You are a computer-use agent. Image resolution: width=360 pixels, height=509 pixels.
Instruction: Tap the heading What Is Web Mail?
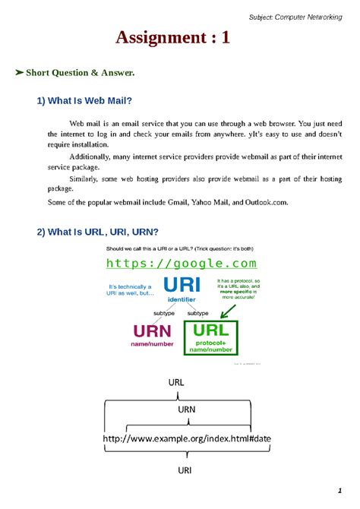click(85, 101)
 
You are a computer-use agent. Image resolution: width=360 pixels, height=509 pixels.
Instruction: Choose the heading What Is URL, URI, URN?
click(97, 232)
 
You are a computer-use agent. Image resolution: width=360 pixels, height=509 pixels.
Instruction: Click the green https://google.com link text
click(181, 264)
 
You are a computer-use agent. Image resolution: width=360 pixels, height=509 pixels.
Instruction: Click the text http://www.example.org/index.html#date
click(186, 439)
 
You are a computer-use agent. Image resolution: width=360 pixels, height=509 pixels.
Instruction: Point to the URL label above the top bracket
click(176, 383)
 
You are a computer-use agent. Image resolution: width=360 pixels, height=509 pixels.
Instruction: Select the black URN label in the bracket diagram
click(187, 408)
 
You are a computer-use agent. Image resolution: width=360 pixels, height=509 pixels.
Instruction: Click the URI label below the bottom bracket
click(185, 470)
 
